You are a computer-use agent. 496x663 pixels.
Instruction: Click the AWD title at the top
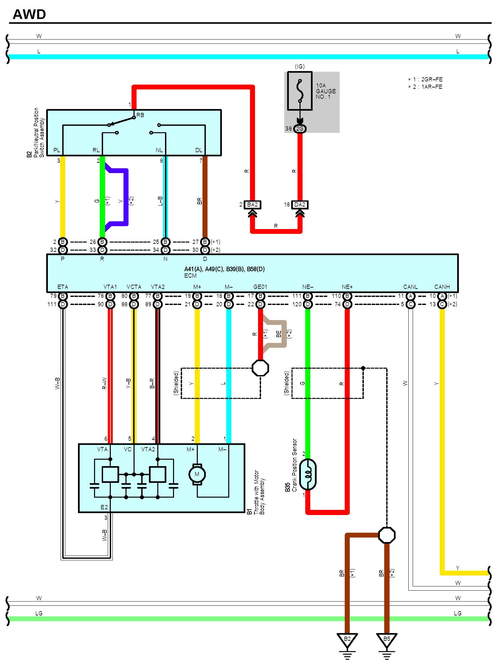point(29,14)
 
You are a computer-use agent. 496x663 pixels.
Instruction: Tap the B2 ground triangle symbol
point(347,639)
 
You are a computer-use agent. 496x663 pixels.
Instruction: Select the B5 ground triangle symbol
point(387,639)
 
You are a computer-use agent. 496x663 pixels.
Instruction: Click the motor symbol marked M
point(197,474)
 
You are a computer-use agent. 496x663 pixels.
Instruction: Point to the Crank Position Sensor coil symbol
point(308,474)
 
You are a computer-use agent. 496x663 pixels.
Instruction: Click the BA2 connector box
point(252,205)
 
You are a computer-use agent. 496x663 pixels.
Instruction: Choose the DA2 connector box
point(300,205)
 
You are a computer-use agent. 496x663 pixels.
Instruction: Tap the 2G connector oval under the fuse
point(300,129)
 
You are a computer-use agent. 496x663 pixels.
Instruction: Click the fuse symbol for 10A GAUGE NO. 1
point(300,91)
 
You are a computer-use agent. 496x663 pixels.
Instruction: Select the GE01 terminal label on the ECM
point(260,287)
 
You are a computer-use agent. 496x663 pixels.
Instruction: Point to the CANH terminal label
point(442,287)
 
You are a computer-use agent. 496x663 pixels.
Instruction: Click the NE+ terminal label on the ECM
point(347,287)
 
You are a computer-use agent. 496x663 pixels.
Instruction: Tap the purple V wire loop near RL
point(126,198)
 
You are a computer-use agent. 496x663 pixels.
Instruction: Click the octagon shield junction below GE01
point(260,368)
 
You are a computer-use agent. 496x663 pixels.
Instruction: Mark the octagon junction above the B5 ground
point(387,535)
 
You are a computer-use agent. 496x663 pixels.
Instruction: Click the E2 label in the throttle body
point(104,507)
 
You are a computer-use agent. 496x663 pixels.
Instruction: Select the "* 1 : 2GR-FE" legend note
point(425,79)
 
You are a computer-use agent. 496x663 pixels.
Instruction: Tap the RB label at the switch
point(140,115)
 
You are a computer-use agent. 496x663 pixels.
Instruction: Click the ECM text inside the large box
point(190,276)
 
